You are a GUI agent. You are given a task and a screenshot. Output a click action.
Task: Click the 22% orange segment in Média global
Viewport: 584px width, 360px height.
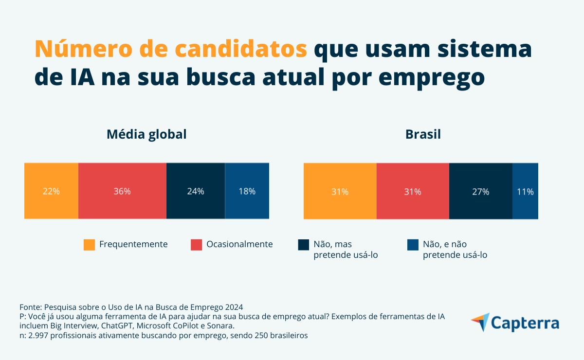click(51, 191)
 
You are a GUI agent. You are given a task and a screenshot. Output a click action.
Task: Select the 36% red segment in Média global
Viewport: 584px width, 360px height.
click(122, 191)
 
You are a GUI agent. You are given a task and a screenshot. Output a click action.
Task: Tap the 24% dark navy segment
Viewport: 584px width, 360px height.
click(196, 191)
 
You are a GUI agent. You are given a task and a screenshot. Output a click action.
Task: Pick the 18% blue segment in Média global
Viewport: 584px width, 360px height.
click(247, 191)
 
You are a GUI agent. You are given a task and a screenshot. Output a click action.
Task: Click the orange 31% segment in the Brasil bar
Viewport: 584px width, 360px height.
click(340, 191)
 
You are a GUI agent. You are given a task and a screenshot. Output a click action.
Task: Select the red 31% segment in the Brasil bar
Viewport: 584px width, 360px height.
click(413, 191)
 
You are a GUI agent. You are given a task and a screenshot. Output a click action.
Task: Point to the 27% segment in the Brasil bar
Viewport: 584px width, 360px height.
click(480, 191)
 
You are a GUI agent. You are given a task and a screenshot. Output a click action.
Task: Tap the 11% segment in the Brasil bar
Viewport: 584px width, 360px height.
click(525, 191)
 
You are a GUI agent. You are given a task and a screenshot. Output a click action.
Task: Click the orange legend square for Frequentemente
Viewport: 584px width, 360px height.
click(89, 245)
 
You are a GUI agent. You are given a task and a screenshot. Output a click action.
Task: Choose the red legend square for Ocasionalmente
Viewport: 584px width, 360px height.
click(197, 245)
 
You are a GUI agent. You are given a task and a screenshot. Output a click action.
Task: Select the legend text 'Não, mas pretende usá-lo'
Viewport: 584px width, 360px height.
click(346, 250)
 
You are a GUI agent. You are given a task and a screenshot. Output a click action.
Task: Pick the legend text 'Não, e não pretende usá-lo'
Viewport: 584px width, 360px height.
click(455, 250)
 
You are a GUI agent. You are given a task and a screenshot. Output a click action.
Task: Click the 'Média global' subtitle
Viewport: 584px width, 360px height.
click(146, 134)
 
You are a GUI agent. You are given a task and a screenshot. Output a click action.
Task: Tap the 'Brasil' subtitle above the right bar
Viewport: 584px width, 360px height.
click(423, 134)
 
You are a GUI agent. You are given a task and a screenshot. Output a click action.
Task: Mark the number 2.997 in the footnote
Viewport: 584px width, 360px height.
click(39, 336)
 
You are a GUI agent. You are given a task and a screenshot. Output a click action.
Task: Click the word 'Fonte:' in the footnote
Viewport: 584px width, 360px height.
click(31, 307)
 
